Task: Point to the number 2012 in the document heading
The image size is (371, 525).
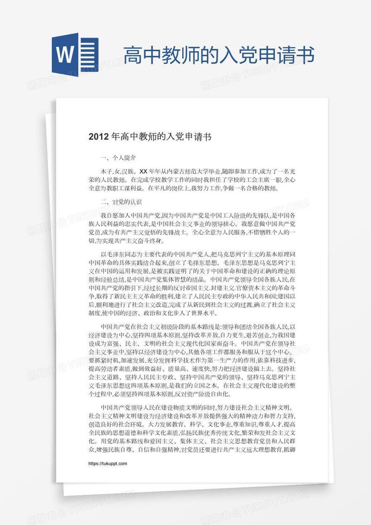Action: (x=98, y=137)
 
